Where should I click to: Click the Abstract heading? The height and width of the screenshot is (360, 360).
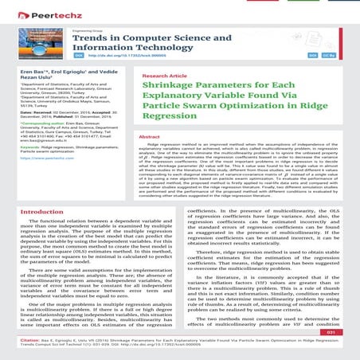point(149,138)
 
